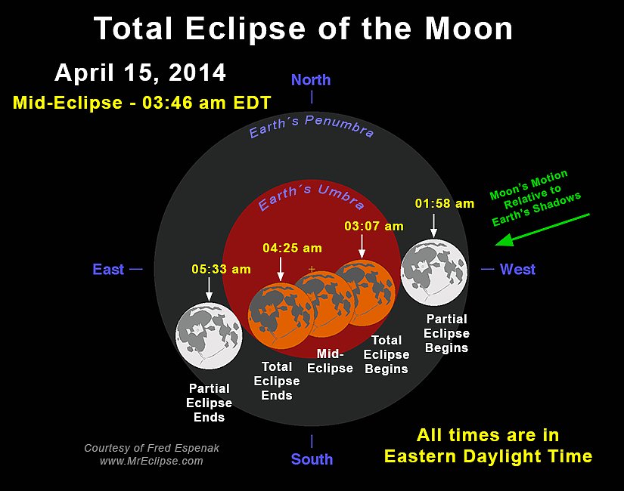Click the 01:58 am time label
click(x=445, y=203)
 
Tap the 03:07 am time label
click(x=374, y=226)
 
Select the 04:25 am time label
click(x=292, y=248)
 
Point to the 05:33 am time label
click(x=221, y=269)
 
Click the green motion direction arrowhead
click(x=504, y=240)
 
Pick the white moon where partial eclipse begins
click(x=434, y=273)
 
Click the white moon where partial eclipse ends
click(x=209, y=336)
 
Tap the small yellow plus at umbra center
click(x=312, y=269)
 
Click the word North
click(x=311, y=80)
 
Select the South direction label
click(x=312, y=459)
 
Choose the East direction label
click(x=108, y=269)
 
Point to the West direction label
click(x=517, y=269)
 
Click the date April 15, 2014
click(x=140, y=73)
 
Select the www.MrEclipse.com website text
click(x=151, y=462)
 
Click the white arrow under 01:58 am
click(x=434, y=225)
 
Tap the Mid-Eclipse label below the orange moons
click(x=330, y=361)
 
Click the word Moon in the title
click(x=469, y=29)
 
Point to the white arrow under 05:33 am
click(x=209, y=289)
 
